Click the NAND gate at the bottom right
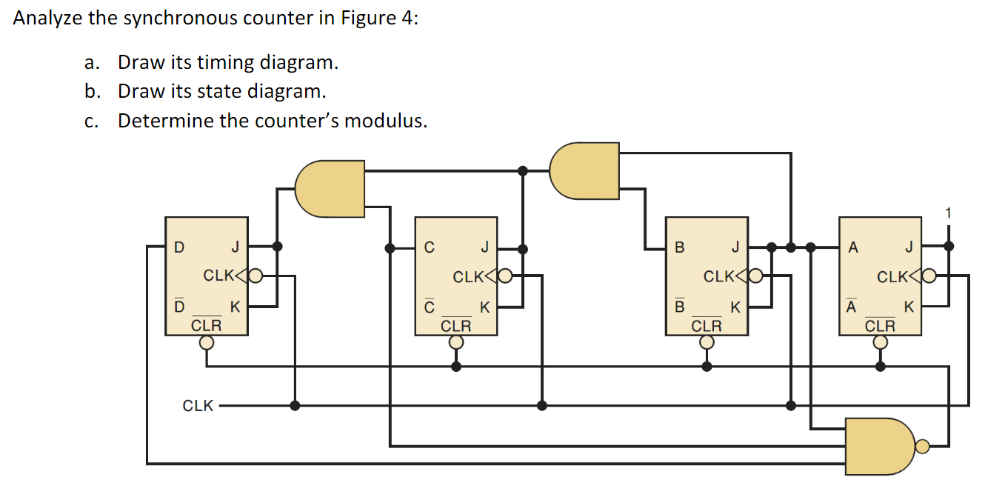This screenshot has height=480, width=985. click(x=881, y=446)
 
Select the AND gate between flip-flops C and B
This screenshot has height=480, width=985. click(x=584, y=170)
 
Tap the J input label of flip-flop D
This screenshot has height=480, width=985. click(x=235, y=247)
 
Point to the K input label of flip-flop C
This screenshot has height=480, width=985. click(x=484, y=307)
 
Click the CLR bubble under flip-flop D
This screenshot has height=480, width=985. click(x=207, y=342)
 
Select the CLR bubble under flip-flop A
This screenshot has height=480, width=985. click(x=880, y=342)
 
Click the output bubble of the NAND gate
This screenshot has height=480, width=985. click(x=921, y=446)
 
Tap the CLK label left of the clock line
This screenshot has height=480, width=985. click(x=198, y=406)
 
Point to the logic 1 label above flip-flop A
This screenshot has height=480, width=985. click(x=949, y=214)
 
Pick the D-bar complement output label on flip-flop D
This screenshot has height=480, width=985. click(x=178, y=305)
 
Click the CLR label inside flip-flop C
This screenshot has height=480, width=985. click(x=456, y=325)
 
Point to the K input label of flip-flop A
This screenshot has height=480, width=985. click(x=909, y=307)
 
